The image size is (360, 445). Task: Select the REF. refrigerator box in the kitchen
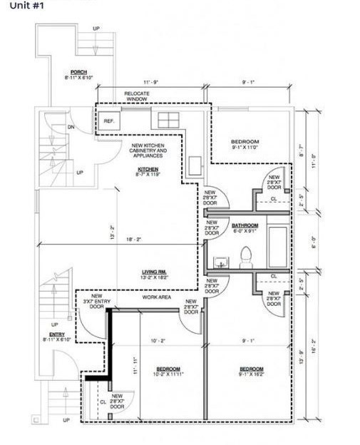click(x=108, y=121)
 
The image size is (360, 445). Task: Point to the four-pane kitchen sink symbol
click(x=168, y=119)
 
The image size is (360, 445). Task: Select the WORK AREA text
click(x=156, y=297)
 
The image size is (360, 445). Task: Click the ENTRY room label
click(x=57, y=337)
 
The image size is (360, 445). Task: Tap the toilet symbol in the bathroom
click(x=247, y=255)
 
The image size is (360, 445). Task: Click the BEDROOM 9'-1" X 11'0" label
click(x=245, y=144)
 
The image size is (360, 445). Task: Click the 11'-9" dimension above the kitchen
click(x=150, y=83)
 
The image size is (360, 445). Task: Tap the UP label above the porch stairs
click(x=96, y=29)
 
